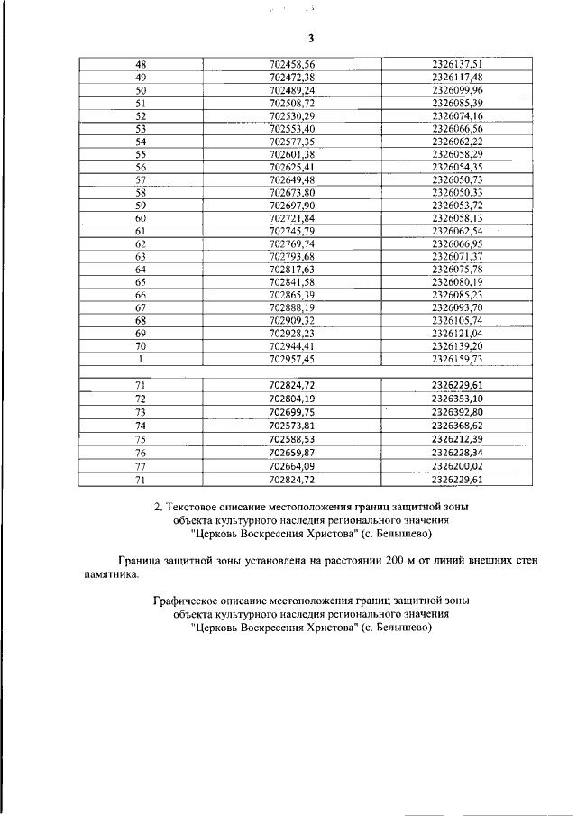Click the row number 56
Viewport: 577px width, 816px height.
[141, 167]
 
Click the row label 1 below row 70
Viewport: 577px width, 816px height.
[141, 358]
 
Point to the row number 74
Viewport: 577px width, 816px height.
[141, 425]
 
